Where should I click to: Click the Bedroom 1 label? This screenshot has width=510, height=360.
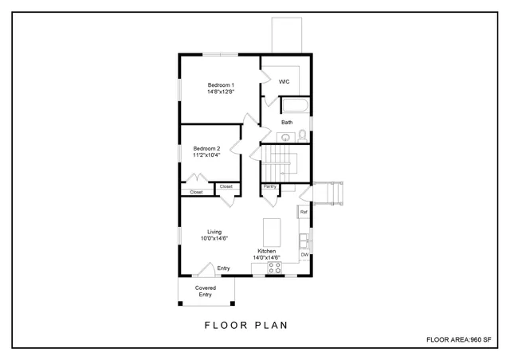point(219,85)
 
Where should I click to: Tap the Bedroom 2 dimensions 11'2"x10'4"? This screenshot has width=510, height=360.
point(206,155)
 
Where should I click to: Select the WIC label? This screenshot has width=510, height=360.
point(284,81)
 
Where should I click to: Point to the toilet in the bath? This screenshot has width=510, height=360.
point(302,136)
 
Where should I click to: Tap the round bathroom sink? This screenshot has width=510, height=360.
point(286,137)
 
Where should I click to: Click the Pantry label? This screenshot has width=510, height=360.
point(269,186)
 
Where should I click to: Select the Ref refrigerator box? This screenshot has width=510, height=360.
point(304,212)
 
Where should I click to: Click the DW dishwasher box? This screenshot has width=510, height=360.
point(304,254)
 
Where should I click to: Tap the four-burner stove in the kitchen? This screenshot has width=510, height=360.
point(274,268)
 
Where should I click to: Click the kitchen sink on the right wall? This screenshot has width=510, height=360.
point(304,238)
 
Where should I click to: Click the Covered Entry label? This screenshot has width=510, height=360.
point(206,291)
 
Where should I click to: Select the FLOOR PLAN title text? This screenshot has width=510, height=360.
point(245,325)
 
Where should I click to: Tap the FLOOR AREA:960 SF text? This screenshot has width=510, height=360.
point(458,340)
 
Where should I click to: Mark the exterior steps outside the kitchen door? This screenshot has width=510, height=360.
point(326,194)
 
